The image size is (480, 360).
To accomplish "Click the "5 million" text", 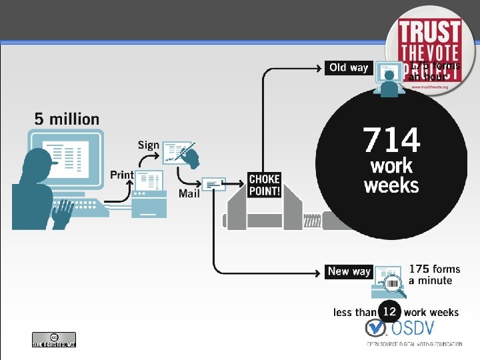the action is click(67, 119).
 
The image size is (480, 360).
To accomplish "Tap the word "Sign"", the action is click(149, 145).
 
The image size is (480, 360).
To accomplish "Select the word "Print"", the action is click(122, 175).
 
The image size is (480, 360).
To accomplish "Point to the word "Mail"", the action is click(189, 193).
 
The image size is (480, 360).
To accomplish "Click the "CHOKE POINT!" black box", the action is click(264, 185).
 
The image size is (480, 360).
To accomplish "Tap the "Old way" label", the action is click(349, 67).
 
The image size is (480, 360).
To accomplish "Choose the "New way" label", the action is click(349, 271).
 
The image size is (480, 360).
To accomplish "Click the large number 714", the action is click(392, 141).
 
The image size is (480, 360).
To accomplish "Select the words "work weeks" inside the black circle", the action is click(391, 175).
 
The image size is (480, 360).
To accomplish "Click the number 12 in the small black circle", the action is click(389, 311).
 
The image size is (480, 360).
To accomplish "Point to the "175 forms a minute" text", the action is click(434, 275).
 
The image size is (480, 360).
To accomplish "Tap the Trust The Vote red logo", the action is click(430, 50).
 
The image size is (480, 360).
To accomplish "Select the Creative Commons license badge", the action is click(54, 339).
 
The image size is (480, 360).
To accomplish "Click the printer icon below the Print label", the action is click(149, 195).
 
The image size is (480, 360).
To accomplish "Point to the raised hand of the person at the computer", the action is click(63, 212).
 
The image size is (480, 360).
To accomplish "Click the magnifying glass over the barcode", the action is click(396, 287).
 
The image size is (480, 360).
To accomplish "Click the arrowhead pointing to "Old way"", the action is click(319, 67).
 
